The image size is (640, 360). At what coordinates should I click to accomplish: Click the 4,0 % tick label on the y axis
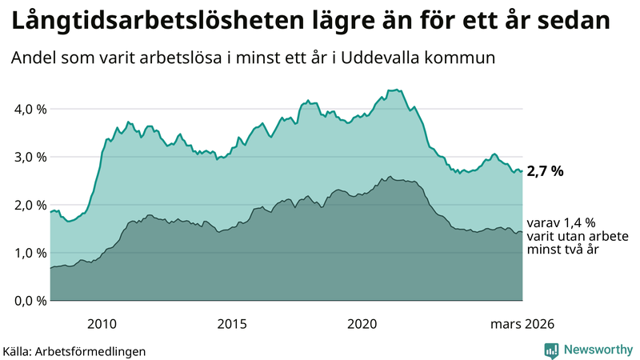(28, 109)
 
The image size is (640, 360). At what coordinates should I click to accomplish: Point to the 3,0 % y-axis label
(28, 157)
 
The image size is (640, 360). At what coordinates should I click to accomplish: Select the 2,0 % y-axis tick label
(28, 205)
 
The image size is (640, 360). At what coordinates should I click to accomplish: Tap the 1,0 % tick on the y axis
(28, 253)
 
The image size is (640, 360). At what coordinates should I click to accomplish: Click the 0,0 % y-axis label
(28, 301)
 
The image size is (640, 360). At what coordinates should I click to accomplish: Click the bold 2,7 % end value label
(546, 171)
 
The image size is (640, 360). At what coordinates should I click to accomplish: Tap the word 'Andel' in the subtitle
(33, 58)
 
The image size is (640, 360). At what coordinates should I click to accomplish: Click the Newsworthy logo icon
(551, 350)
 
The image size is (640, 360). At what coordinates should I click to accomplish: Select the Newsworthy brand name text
(598, 350)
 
